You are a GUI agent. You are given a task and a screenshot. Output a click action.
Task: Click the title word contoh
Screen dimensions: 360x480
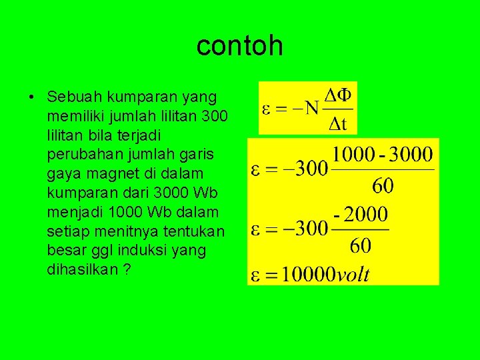[x=240, y=46]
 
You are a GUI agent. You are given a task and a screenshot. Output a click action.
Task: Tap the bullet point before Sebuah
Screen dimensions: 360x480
[x=32, y=97]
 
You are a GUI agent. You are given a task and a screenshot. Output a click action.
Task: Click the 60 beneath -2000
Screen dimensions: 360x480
[x=361, y=245]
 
